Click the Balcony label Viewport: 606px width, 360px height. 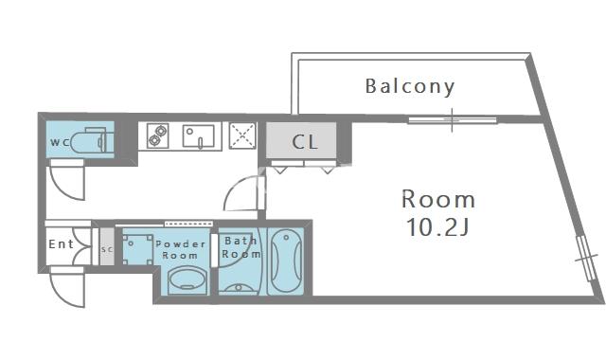[410, 87]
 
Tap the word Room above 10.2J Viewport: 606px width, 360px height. [438, 200]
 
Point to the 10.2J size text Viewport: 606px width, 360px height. [437, 227]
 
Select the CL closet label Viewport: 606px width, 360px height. [305, 142]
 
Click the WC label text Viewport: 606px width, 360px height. [60, 142]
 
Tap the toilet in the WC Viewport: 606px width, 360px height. [92, 141]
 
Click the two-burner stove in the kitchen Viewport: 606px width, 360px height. [158, 135]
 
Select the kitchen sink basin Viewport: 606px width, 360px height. [199, 136]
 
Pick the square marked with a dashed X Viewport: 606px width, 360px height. [242, 135]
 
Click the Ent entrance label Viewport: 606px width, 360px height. [61, 244]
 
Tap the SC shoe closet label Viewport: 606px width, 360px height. [107, 249]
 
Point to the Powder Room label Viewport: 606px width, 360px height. [181, 249]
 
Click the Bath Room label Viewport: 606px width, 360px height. [241, 247]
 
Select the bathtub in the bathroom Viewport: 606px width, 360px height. [286, 262]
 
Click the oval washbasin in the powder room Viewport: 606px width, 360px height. [187, 280]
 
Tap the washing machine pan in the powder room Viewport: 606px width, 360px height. [137, 249]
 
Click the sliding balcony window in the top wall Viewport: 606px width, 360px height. [453, 120]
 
